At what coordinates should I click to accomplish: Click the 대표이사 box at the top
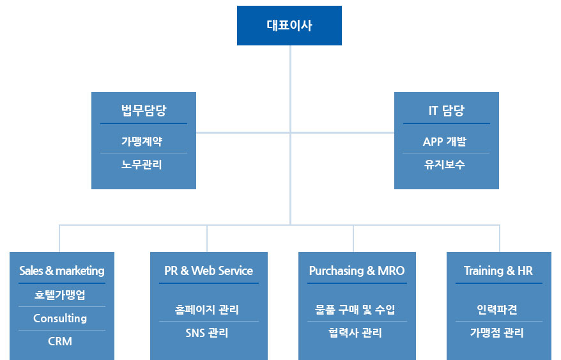(x=289, y=26)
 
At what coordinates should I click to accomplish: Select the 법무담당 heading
(x=144, y=110)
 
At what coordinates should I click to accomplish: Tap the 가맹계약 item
(x=142, y=141)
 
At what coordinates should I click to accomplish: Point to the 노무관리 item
(x=142, y=164)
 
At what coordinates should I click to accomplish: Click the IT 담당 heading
(x=446, y=110)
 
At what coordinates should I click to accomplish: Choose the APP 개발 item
(x=444, y=141)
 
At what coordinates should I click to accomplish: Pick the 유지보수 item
(x=444, y=164)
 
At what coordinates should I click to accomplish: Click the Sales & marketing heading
(x=62, y=270)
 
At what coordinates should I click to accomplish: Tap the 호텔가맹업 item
(x=60, y=295)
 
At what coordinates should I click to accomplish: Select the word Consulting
(x=60, y=318)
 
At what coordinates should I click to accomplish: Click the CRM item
(x=60, y=341)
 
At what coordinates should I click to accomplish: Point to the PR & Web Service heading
(x=208, y=270)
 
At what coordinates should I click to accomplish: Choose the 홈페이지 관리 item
(x=207, y=309)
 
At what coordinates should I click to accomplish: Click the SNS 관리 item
(x=207, y=333)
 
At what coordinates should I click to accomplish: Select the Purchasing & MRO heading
(x=357, y=270)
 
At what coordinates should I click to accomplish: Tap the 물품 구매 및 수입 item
(x=355, y=309)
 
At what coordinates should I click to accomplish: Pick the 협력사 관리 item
(x=355, y=333)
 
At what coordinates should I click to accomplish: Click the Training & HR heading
(x=498, y=270)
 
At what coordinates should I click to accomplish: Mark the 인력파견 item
(x=497, y=309)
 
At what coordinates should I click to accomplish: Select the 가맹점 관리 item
(x=497, y=333)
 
